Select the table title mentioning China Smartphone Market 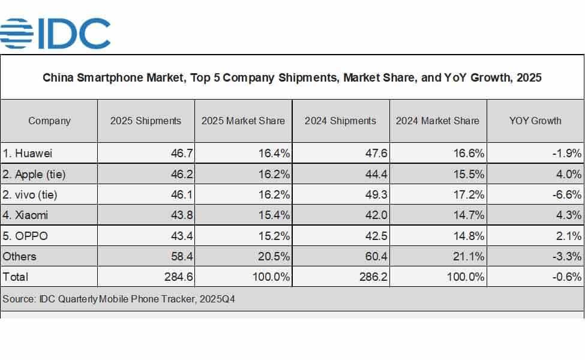click(x=292, y=78)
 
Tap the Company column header click(x=49, y=121)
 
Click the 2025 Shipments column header click(x=146, y=121)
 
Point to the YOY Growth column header click(x=535, y=121)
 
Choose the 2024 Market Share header click(x=437, y=121)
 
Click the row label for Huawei click(x=28, y=154)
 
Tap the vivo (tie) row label click(x=31, y=195)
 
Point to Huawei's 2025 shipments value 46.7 click(x=181, y=154)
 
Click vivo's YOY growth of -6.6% click(x=567, y=195)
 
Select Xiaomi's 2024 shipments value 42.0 click(x=376, y=215)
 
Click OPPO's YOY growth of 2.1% click(x=569, y=236)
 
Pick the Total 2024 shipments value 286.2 click(x=373, y=277)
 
